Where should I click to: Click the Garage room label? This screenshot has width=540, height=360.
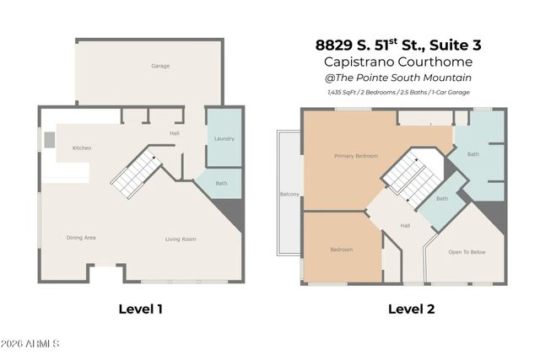160,66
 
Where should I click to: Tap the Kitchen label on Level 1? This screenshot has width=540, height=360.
82,148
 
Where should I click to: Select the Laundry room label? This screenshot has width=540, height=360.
224,139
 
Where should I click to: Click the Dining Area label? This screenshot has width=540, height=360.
81,239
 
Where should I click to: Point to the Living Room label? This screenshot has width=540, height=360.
180,239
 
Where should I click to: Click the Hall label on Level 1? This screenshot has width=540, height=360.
175,133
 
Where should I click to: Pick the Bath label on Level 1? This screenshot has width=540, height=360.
221,184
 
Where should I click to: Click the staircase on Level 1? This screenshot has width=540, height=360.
136,174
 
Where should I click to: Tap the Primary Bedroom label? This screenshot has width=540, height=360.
355,156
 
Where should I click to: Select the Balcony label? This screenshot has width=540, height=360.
289,195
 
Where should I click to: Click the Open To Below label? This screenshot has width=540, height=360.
467,252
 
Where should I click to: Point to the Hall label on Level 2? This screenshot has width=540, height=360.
405,226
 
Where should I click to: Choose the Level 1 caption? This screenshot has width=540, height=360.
140,309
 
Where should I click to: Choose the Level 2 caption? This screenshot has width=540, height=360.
411,309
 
